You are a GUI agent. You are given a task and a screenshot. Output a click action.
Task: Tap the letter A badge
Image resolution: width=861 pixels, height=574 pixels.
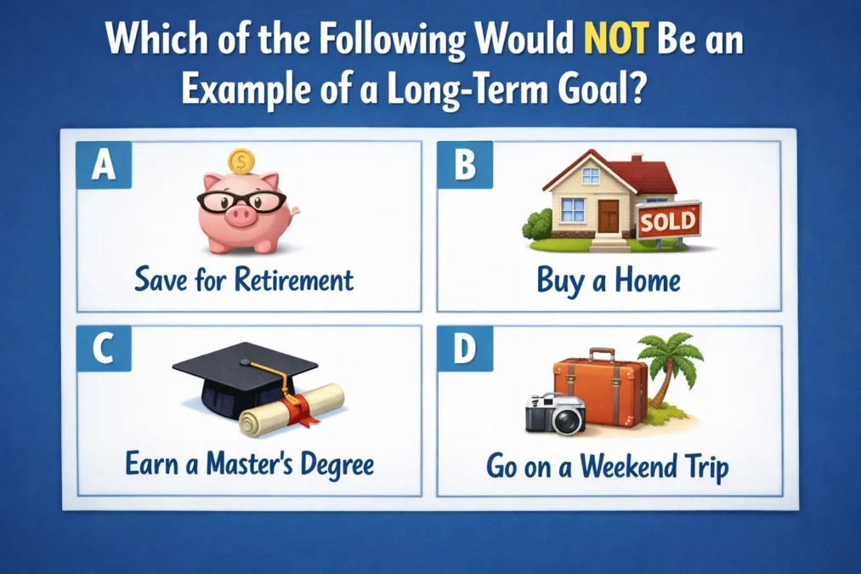[x=103, y=164]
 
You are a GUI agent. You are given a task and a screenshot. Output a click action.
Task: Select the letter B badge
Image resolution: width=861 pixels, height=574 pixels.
[x=464, y=164]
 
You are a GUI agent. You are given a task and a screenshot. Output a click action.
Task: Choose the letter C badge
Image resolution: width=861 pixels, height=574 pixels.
[x=103, y=350]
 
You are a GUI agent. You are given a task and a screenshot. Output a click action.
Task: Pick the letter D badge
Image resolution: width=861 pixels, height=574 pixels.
[x=464, y=350]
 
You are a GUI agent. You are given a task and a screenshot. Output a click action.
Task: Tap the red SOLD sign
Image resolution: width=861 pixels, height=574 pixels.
[x=668, y=222]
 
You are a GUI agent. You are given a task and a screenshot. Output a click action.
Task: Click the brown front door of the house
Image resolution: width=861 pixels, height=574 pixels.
[x=609, y=215]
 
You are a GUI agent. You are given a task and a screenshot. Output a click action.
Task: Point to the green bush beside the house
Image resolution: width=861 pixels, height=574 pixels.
[x=538, y=225]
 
